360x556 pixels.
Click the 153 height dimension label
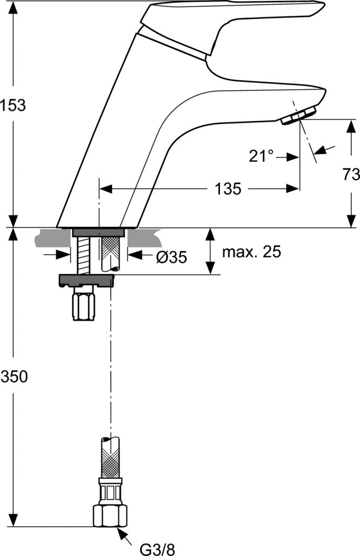(13, 105)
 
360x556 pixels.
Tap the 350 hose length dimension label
(14, 376)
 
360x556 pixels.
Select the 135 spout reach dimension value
(228, 188)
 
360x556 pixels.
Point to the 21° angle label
(261, 156)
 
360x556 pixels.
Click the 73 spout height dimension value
(351, 174)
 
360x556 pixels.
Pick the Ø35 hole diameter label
(171, 256)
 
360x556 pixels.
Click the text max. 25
(251, 252)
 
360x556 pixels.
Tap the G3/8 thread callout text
(157, 549)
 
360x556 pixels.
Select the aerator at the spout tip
(299, 116)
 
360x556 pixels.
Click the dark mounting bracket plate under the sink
(86, 281)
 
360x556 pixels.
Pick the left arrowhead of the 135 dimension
(106, 188)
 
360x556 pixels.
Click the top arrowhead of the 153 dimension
(13, 7)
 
